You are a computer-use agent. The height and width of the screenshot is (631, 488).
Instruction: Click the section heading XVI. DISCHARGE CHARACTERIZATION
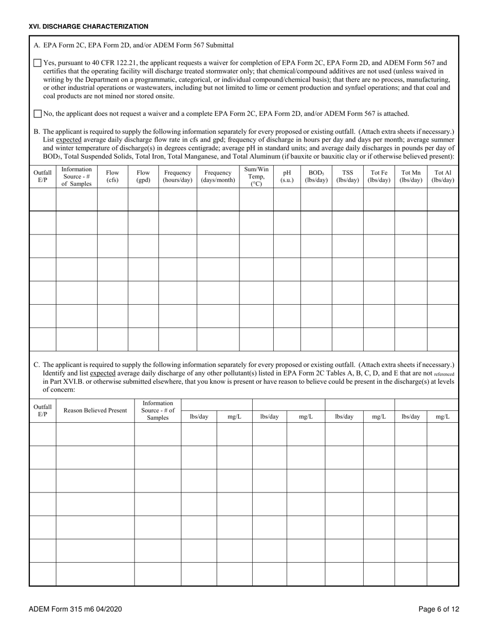click(x=89, y=26)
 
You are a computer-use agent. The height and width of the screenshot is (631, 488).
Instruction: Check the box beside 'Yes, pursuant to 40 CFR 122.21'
click(x=37, y=63)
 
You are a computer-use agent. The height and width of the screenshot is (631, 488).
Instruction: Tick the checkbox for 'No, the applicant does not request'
click(x=37, y=113)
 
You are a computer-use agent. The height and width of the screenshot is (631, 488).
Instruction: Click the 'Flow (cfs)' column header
click(x=112, y=176)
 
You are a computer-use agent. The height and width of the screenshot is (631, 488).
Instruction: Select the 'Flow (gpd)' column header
click(x=143, y=176)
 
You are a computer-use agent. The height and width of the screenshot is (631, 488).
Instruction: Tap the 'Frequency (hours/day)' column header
click(x=177, y=176)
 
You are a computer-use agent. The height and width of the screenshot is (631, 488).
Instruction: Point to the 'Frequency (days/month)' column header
click(x=218, y=176)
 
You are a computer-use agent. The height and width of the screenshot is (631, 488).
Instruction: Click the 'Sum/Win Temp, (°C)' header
click(x=256, y=176)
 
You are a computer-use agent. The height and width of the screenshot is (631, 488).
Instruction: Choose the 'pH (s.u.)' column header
click(x=287, y=176)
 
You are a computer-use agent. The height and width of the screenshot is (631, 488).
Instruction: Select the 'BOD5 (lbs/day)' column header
click(x=316, y=176)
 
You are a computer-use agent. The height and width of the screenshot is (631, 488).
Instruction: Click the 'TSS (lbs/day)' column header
click(x=347, y=176)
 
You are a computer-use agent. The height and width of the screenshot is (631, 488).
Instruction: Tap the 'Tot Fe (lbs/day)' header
click(x=379, y=176)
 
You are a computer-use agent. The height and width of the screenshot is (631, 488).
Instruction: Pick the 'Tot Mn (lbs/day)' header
click(x=410, y=176)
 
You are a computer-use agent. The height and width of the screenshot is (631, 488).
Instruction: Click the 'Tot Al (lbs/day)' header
click(x=443, y=176)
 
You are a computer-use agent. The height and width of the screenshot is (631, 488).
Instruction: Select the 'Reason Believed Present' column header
click(x=95, y=410)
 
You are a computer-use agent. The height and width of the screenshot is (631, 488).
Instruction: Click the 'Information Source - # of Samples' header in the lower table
click(x=158, y=410)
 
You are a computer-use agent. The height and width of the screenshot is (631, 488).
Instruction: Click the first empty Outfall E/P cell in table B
click(x=43, y=200)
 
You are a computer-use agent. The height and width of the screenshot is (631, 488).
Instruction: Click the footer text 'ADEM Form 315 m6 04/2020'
click(x=76, y=609)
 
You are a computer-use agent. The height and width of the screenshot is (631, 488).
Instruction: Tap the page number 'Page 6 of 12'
click(x=439, y=609)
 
